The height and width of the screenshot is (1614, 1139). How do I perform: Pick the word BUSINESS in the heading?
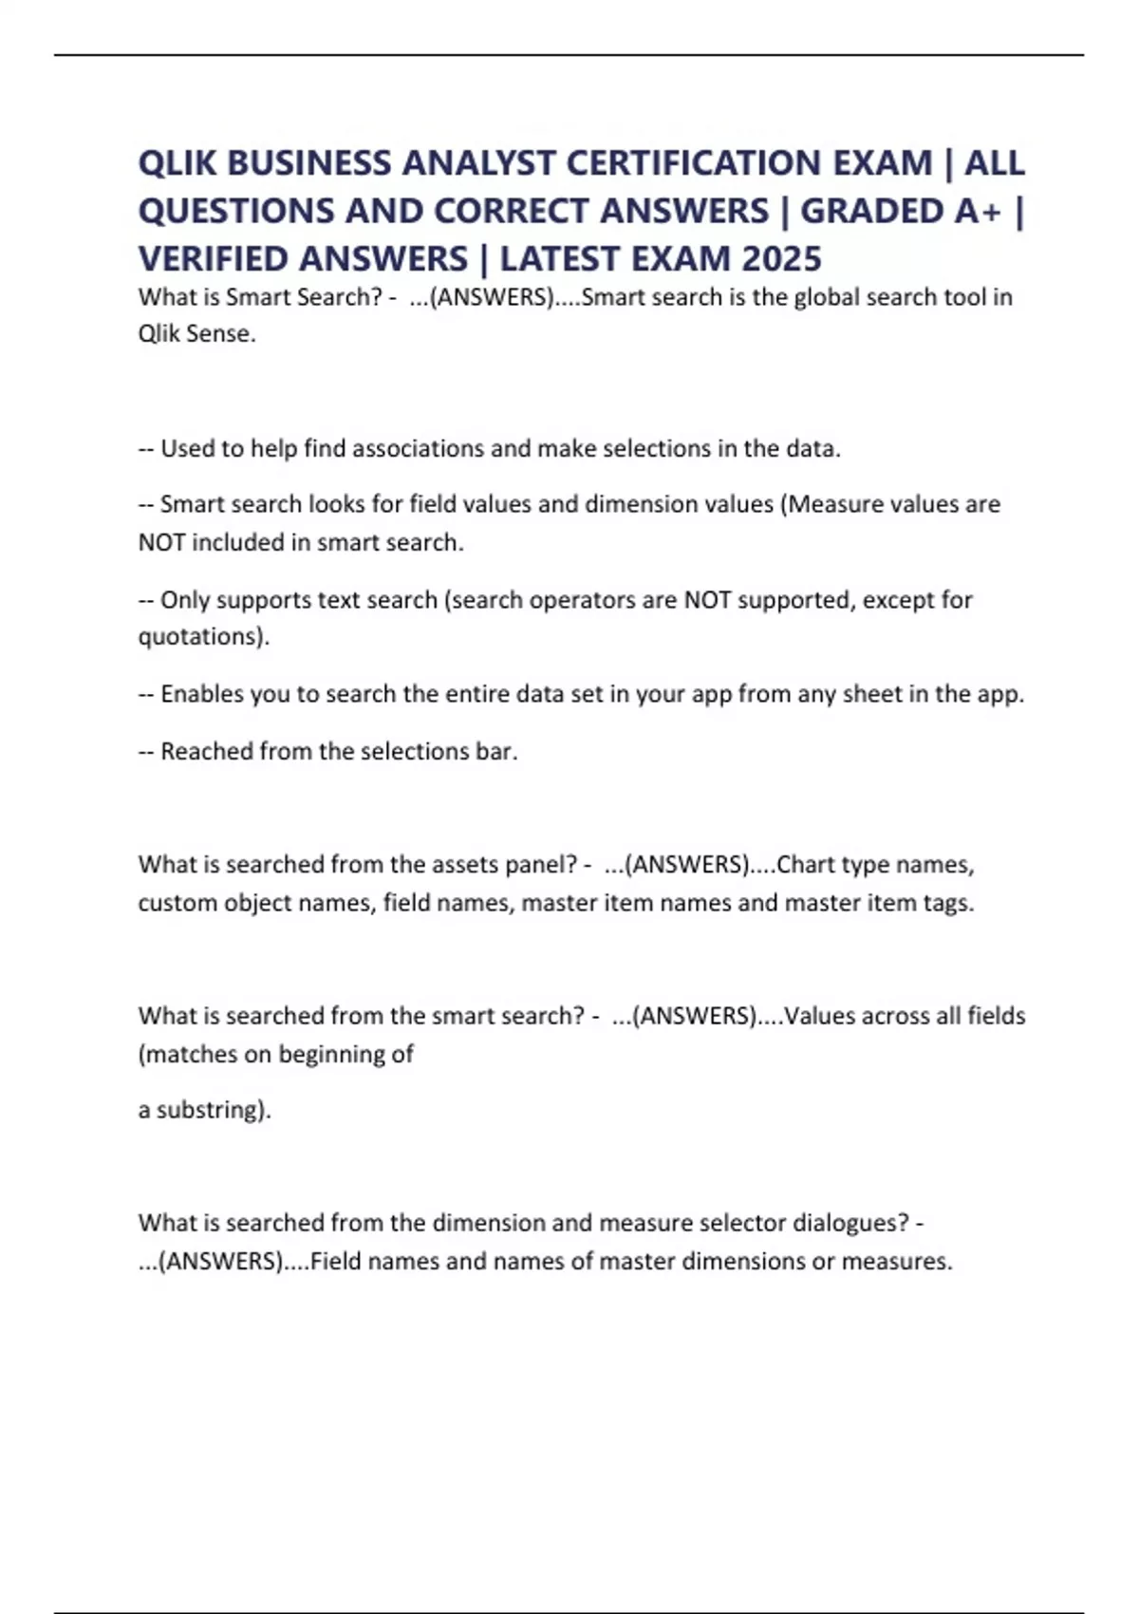pyautogui.click(x=308, y=163)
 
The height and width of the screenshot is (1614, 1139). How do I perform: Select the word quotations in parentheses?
pyautogui.click(x=198, y=636)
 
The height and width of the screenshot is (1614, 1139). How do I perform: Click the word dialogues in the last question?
pyautogui.click(x=850, y=1222)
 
